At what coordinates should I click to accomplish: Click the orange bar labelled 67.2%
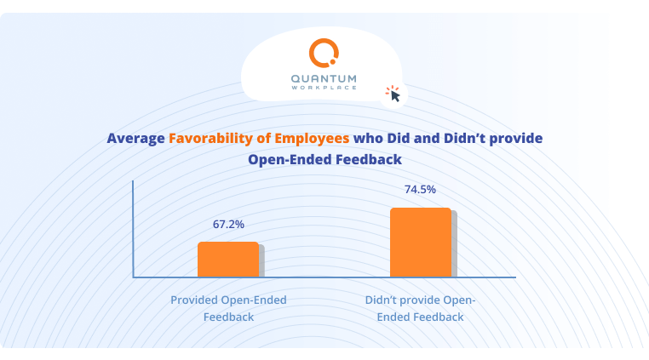[x=227, y=260]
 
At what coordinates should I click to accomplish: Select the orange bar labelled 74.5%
[x=420, y=243]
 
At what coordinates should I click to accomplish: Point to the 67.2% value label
[x=228, y=225]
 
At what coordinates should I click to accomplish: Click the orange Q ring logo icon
[x=324, y=54]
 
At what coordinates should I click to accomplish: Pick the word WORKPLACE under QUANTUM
[x=324, y=89]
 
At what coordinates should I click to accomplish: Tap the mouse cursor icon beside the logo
[x=393, y=94]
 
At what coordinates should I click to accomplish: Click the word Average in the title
[x=135, y=138]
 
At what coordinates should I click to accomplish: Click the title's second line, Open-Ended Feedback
[x=324, y=159]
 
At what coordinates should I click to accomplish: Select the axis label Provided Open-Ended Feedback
[x=228, y=308]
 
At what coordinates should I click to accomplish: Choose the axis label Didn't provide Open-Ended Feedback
[x=420, y=308]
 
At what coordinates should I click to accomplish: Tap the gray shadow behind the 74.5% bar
[x=454, y=244]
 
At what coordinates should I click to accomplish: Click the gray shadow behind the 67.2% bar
[x=261, y=261]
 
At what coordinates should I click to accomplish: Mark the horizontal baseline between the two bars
[x=324, y=277]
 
